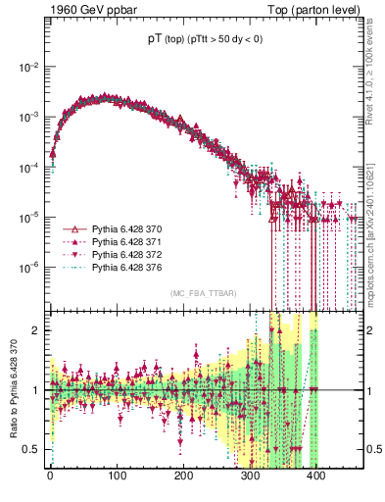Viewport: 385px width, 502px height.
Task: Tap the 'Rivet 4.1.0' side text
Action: tap(376, 69)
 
